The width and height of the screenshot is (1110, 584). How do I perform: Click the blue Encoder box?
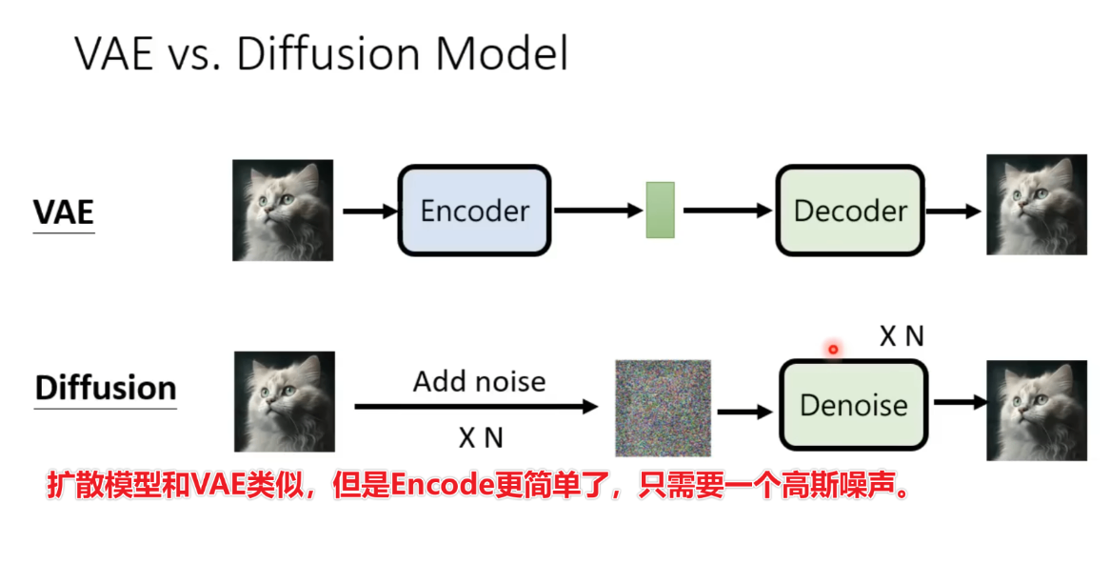pos(474,211)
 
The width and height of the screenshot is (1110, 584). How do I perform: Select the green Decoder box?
pos(850,211)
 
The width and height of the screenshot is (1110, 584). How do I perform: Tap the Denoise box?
pos(854,405)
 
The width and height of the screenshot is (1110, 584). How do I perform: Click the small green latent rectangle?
pos(660,210)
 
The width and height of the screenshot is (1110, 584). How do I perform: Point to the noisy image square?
pos(663,407)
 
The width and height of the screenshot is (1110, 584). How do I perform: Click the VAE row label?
pos(64,212)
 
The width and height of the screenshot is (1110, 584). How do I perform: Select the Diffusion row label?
pos(106,389)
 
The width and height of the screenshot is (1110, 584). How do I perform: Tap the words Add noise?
pos(479,382)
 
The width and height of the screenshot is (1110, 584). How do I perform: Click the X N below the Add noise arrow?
pos(480,437)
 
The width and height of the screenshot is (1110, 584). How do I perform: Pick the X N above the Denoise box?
pos(901,335)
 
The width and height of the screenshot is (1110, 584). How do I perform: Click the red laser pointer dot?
pos(833,350)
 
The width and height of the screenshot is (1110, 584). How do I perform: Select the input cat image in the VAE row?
pos(283,211)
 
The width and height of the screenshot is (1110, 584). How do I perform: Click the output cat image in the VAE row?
pos(1036,205)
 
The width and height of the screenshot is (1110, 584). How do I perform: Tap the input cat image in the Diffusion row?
pos(283,401)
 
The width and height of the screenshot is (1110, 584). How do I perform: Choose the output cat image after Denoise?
pos(1036,411)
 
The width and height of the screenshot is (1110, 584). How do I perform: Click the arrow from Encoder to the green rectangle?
pos(596,211)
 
